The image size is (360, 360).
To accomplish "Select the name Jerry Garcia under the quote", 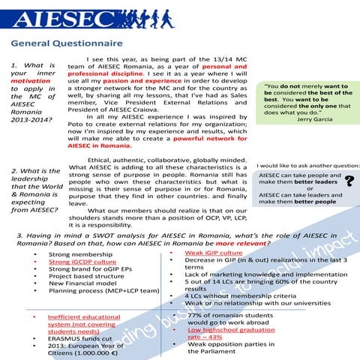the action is (x=315, y=119).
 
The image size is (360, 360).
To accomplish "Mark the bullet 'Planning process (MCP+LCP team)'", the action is (x=103, y=291).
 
